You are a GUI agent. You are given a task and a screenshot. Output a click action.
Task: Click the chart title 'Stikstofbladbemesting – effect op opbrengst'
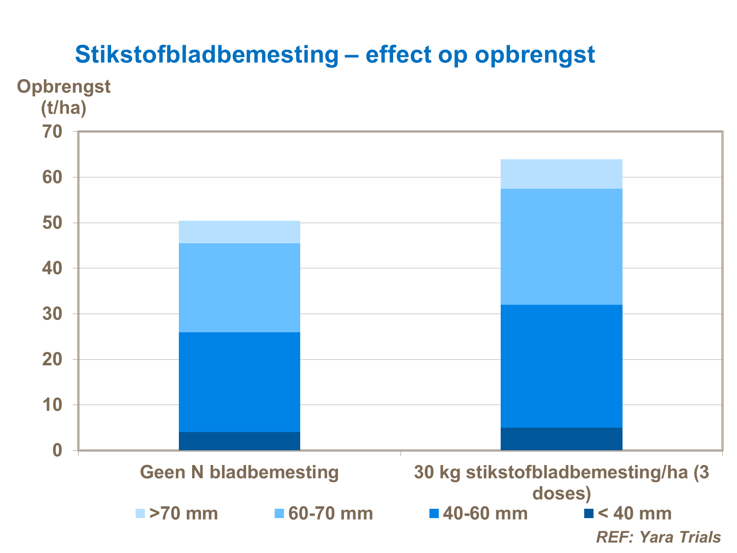(x=335, y=55)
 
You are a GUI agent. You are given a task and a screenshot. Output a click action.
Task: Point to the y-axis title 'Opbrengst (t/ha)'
(x=64, y=97)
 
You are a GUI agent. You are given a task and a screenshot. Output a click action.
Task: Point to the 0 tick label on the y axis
(x=57, y=450)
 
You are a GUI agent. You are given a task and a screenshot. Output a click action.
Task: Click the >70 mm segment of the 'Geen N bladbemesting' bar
(x=239, y=232)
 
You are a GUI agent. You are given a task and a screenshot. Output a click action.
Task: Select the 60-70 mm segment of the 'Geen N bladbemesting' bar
(x=239, y=288)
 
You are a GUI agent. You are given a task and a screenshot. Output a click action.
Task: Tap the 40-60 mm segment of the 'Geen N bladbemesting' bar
(x=239, y=382)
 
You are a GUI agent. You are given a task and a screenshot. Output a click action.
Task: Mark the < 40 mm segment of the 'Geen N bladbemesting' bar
(x=239, y=441)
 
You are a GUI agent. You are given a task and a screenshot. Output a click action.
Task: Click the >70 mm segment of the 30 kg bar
(x=561, y=174)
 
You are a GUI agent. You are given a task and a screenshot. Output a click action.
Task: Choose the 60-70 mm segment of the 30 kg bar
(x=561, y=247)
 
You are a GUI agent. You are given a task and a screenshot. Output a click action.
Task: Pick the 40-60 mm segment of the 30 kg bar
(x=561, y=366)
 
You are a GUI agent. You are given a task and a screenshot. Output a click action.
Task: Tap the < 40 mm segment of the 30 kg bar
(x=561, y=439)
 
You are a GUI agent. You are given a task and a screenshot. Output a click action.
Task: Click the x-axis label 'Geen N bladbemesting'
(x=239, y=472)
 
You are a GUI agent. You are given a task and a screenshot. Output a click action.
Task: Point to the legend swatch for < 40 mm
(x=589, y=514)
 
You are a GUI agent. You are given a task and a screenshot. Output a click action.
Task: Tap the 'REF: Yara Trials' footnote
(x=658, y=537)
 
